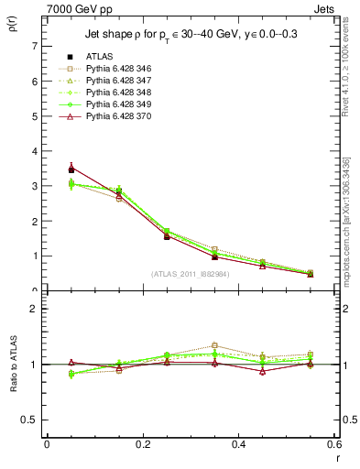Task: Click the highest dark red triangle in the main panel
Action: [x=71, y=168]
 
